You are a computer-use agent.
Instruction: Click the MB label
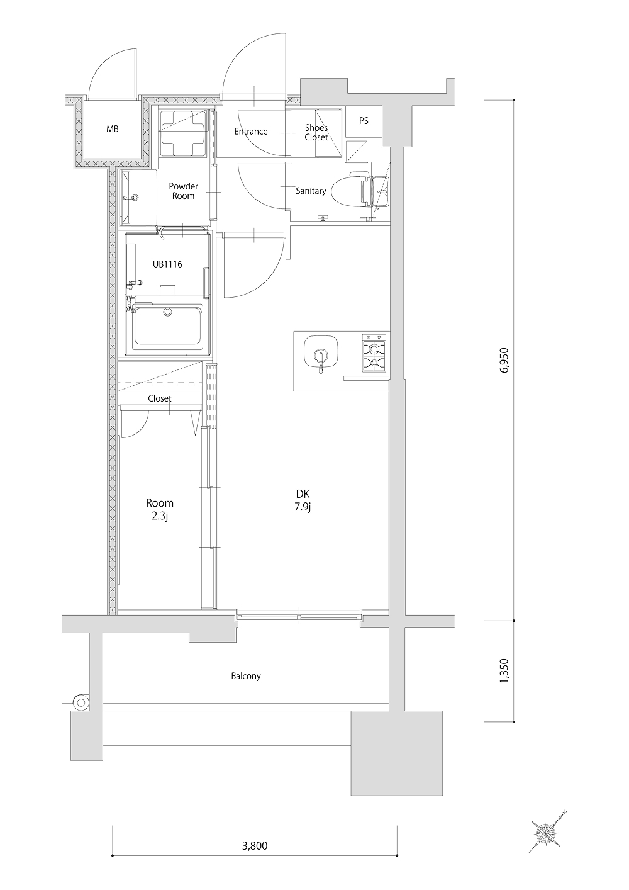(x=113, y=129)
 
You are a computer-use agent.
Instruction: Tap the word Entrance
(x=250, y=131)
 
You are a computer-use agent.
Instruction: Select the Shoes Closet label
(x=316, y=132)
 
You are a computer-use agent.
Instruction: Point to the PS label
(x=364, y=120)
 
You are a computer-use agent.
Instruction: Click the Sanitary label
(x=311, y=191)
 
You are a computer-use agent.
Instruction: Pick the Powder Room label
(x=184, y=191)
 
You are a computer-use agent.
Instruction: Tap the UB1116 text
(x=167, y=264)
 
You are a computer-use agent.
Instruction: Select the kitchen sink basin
(x=321, y=354)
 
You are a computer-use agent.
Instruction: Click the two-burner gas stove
(x=374, y=353)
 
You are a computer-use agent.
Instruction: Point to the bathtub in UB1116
(x=169, y=326)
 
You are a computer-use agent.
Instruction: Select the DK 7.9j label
(x=303, y=500)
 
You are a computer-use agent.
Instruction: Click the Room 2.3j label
(x=160, y=509)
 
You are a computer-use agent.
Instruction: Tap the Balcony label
(x=246, y=676)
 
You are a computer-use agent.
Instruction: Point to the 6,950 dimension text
(x=504, y=361)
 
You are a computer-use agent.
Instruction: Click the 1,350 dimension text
(x=504, y=672)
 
